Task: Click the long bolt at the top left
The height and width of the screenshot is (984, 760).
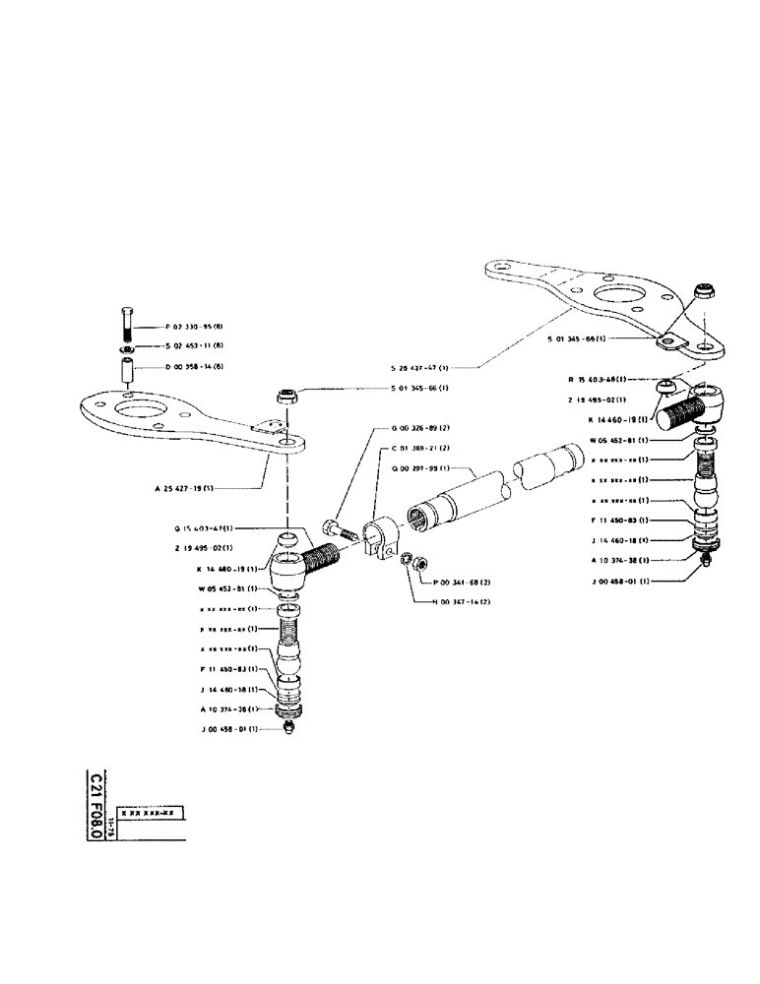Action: pyautogui.click(x=127, y=323)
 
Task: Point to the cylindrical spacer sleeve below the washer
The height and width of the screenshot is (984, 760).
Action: pyautogui.click(x=127, y=373)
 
